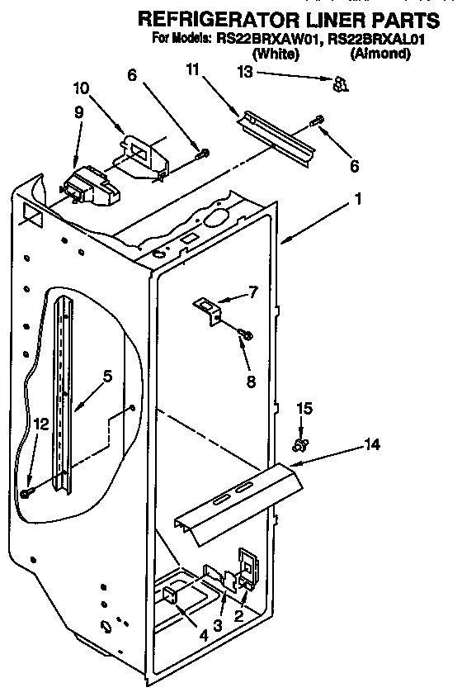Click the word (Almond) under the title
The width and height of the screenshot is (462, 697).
pos(379,54)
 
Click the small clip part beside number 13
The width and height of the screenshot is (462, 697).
pos(337,83)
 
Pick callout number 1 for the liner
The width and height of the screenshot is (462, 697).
pos(358,199)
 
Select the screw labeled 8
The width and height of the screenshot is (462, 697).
pos(246,334)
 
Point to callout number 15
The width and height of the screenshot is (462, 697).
pos(304,408)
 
